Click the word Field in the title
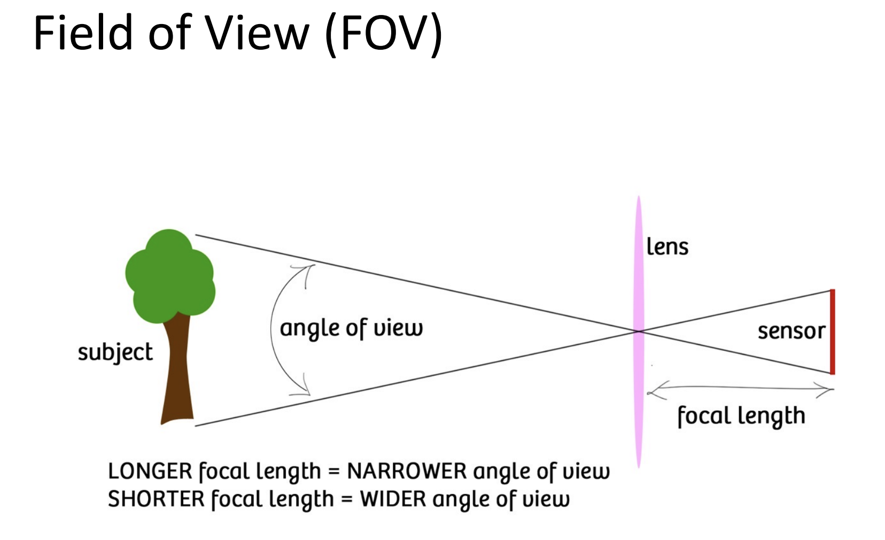(x=83, y=33)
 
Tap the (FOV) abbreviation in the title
(x=384, y=33)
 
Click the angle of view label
(x=351, y=328)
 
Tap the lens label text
(x=667, y=247)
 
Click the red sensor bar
(x=832, y=331)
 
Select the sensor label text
(x=791, y=331)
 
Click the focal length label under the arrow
(x=741, y=416)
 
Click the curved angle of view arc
(x=273, y=330)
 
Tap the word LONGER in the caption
(x=150, y=472)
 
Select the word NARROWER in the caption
(x=407, y=472)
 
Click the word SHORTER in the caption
(x=156, y=499)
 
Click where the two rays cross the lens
(x=639, y=331)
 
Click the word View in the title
(x=258, y=33)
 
